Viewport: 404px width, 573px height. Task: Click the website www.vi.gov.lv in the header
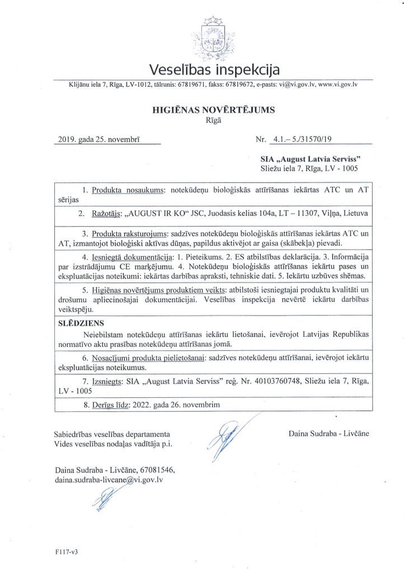point(338,84)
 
